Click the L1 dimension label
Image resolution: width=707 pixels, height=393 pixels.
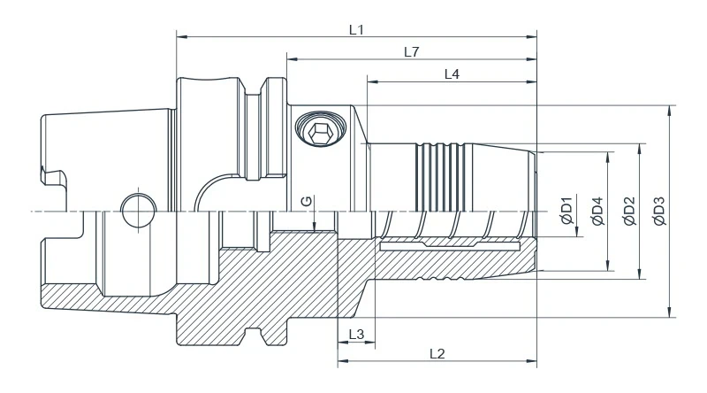click(356, 29)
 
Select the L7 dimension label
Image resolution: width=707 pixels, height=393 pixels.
click(411, 52)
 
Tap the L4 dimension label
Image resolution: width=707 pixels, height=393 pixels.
click(451, 75)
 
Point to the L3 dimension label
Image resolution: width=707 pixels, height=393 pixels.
click(356, 334)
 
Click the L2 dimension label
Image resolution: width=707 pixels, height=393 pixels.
click(437, 354)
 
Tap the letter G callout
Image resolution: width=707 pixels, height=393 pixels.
click(306, 202)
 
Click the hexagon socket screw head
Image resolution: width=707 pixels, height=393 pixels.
click(319, 132)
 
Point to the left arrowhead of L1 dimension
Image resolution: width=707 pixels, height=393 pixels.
click(181, 37)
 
